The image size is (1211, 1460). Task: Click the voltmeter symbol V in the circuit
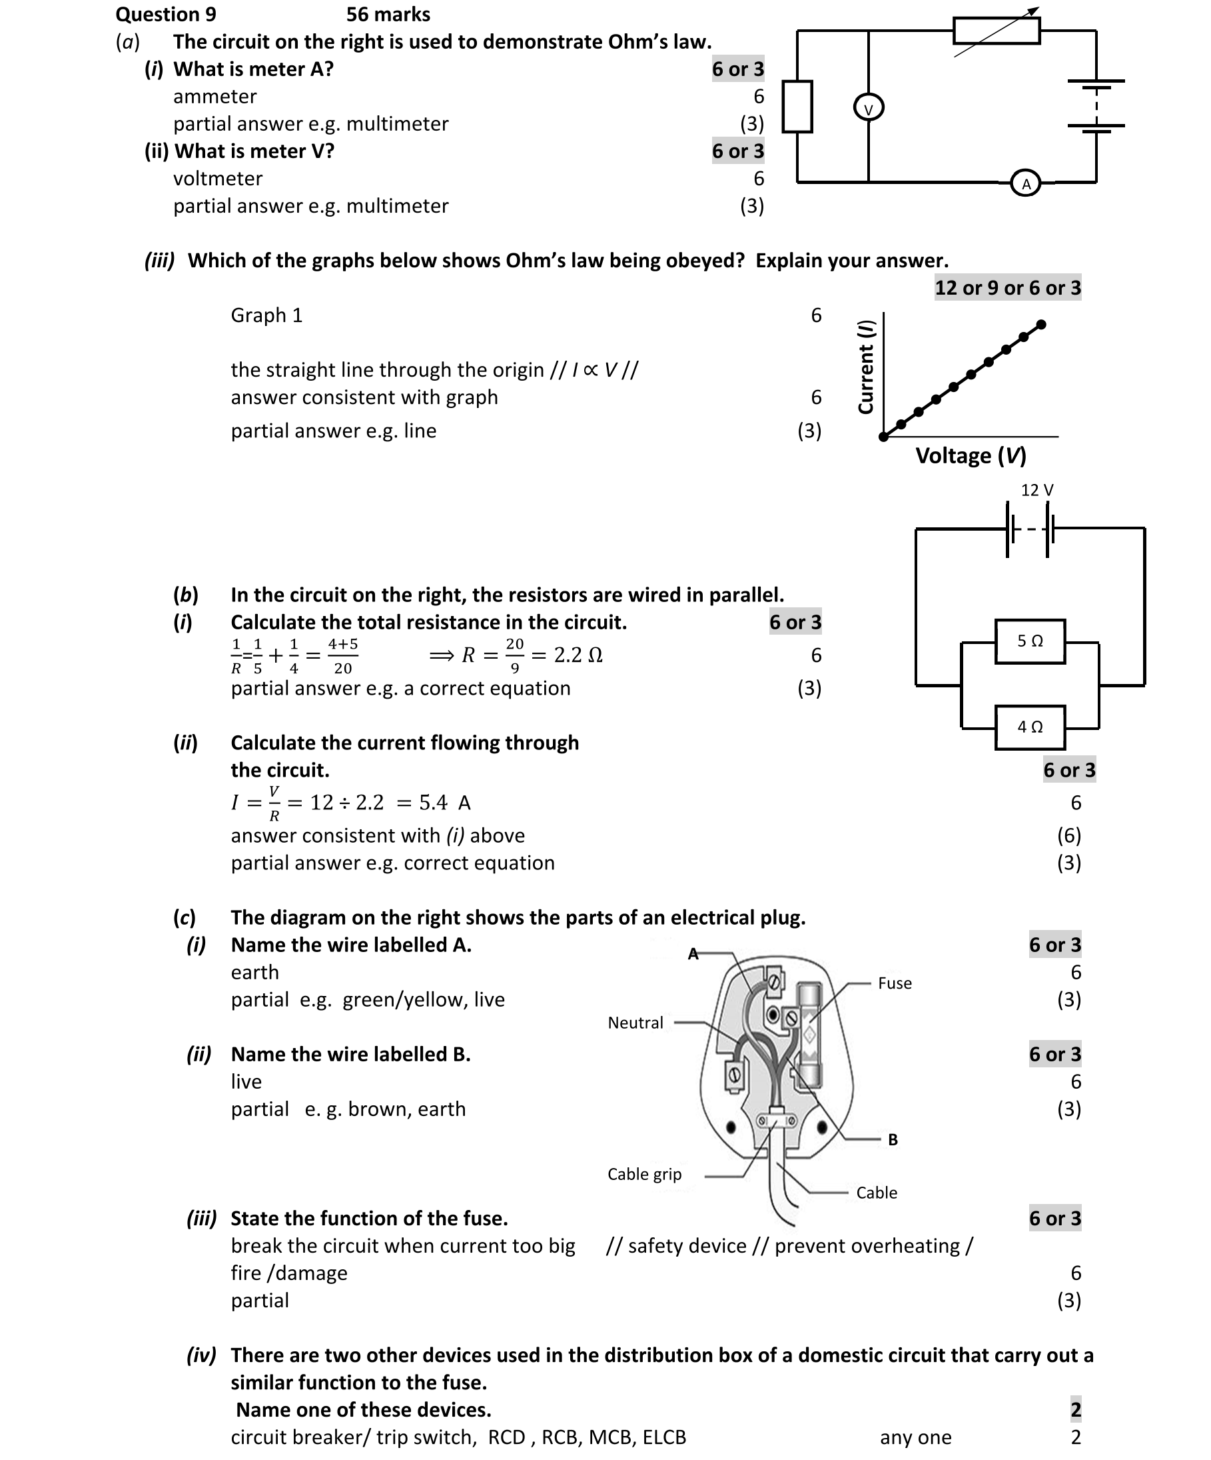coord(868,108)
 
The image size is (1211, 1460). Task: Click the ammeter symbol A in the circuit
coord(1026,183)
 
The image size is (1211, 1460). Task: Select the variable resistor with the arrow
coord(997,31)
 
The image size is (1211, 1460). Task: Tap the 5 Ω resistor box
coord(1030,641)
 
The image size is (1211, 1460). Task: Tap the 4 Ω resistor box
coord(1030,727)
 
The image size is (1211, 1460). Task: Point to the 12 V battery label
coord(1036,490)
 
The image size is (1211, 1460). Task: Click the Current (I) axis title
coord(866,367)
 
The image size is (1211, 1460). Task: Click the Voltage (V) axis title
coord(971,456)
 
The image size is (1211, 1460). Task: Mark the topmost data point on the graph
coord(1040,325)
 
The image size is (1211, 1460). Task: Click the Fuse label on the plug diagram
coord(894,983)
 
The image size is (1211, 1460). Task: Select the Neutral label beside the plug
coord(635,1023)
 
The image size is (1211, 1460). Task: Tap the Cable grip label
coord(644,1174)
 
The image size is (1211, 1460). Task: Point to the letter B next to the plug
coord(893,1139)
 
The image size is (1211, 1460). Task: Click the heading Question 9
coord(166,15)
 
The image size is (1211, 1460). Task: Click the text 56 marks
coord(388,15)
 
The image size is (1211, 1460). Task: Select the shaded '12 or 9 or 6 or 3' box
coord(1007,288)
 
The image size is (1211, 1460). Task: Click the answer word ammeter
coord(214,97)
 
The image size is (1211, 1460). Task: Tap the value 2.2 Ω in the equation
coord(578,655)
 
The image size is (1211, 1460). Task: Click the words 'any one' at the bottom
coord(915,1437)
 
